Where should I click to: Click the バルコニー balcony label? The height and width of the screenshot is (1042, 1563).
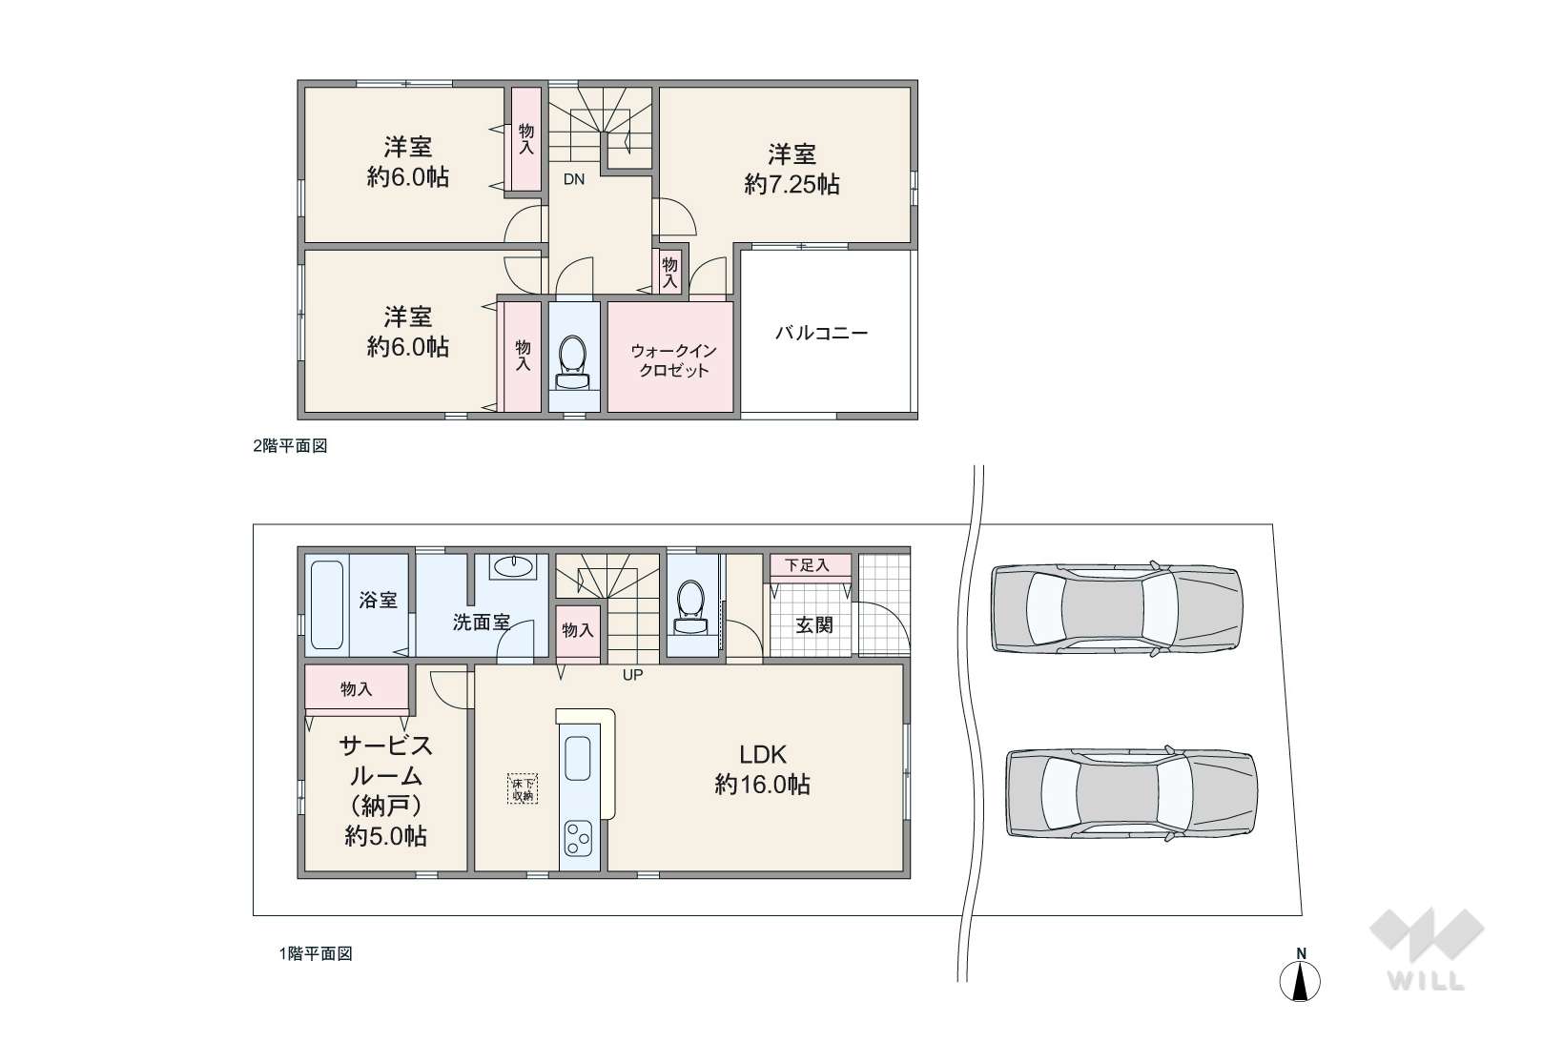(821, 333)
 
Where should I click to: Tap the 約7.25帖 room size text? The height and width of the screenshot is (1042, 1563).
(792, 185)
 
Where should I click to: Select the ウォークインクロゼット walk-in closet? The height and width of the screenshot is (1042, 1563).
(669, 358)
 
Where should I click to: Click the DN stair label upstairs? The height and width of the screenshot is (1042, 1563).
(573, 179)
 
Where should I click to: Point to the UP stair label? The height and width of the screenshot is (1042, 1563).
(632, 675)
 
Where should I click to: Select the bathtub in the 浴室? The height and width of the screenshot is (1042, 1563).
(326, 604)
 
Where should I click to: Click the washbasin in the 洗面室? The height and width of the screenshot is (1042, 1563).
(513, 565)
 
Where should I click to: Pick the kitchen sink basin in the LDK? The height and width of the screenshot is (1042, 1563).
(579, 758)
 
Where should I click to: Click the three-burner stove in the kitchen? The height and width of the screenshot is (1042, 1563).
(579, 838)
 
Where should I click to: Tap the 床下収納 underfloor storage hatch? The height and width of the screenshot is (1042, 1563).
(523, 788)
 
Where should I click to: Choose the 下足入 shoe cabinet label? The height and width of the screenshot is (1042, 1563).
(808, 565)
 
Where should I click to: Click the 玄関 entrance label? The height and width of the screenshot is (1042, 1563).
(814, 625)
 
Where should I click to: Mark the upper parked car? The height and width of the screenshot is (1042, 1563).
(1117, 609)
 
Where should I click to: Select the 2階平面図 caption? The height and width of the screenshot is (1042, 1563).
(290, 446)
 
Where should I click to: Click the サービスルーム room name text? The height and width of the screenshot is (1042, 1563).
(386, 760)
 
